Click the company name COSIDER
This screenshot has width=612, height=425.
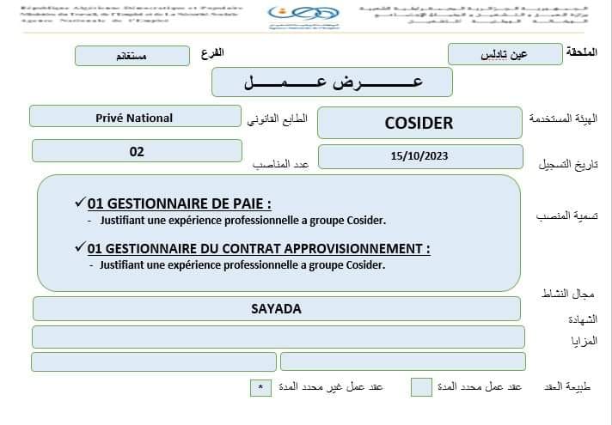tap(419, 123)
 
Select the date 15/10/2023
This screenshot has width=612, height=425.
tap(419, 156)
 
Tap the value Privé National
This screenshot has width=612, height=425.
tap(134, 118)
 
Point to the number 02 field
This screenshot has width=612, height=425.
tap(137, 151)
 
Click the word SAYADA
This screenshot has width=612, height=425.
tap(276, 309)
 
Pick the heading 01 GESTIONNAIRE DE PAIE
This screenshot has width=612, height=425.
tap(179, 203)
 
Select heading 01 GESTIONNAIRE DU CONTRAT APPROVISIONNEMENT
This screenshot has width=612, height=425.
tap(258, 248)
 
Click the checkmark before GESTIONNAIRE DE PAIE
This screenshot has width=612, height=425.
tap(80, 203)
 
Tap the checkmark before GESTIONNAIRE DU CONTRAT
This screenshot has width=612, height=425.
tap(80, 247)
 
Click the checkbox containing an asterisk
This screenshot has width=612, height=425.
tap(260, 388)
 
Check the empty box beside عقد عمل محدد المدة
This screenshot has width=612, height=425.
tap(421, 387)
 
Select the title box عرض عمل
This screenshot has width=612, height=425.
tap(332, 82)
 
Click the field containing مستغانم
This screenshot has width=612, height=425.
tap(132, 56)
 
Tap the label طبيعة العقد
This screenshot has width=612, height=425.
tap(569, 387)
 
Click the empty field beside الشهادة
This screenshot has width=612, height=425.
tap(278, 337)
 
